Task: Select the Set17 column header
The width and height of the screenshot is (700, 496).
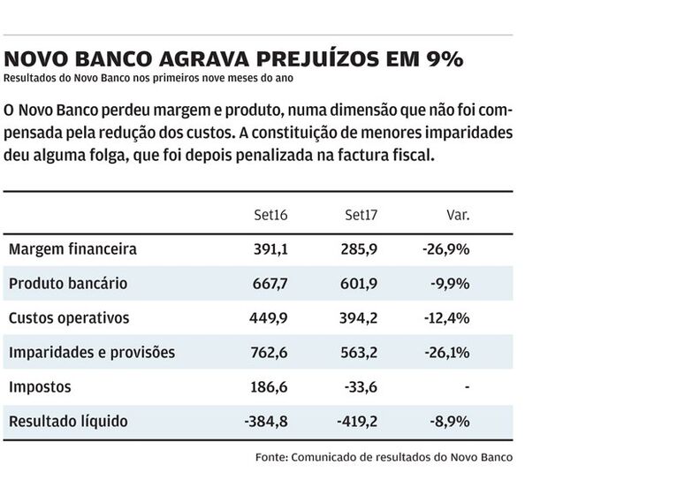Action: pyautogui.click(x=361, y=215)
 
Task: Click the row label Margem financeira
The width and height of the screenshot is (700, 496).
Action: pyautogui.click(x=72, y=249)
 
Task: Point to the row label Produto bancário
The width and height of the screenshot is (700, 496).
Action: pyautogui.click(x=68, y=284)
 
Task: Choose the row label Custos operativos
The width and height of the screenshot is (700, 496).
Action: pyautogui.click(x=69, y=318)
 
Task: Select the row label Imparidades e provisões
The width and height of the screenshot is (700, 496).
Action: pyautogui.click(x=92, y=353)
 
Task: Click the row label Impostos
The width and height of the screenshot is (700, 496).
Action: pyautogui.click(x=40, y=387)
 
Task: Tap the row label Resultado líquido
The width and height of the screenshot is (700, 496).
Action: pyautogui.click(x=68, y=422)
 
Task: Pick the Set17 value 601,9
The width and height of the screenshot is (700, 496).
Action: pyautogui.click(x=360, y=284)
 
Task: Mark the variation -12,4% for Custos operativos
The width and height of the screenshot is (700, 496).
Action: pyautogui.click(x=446, y=318)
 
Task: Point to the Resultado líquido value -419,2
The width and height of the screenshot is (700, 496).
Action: pyautogui.click(x=357, y=422)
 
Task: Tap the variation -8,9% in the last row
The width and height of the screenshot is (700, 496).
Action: pyautogui.click(x=450, y=422)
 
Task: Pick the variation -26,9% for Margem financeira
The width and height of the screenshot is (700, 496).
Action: pyautogui.click(x=446, y=249)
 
